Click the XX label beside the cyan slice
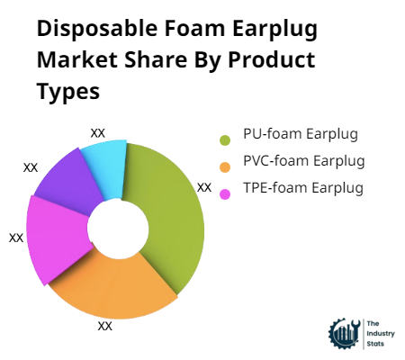tap(98, 132)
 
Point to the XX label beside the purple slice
tap(31, 166)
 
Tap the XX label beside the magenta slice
tap(16, 238)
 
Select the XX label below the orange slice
tap(105, 326)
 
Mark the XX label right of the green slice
tap(204, 187)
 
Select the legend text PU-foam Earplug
tap(301, 135)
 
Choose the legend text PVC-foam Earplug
tap(303, 161)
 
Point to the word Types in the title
tap(67, 93)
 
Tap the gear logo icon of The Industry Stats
tap(343, 332)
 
